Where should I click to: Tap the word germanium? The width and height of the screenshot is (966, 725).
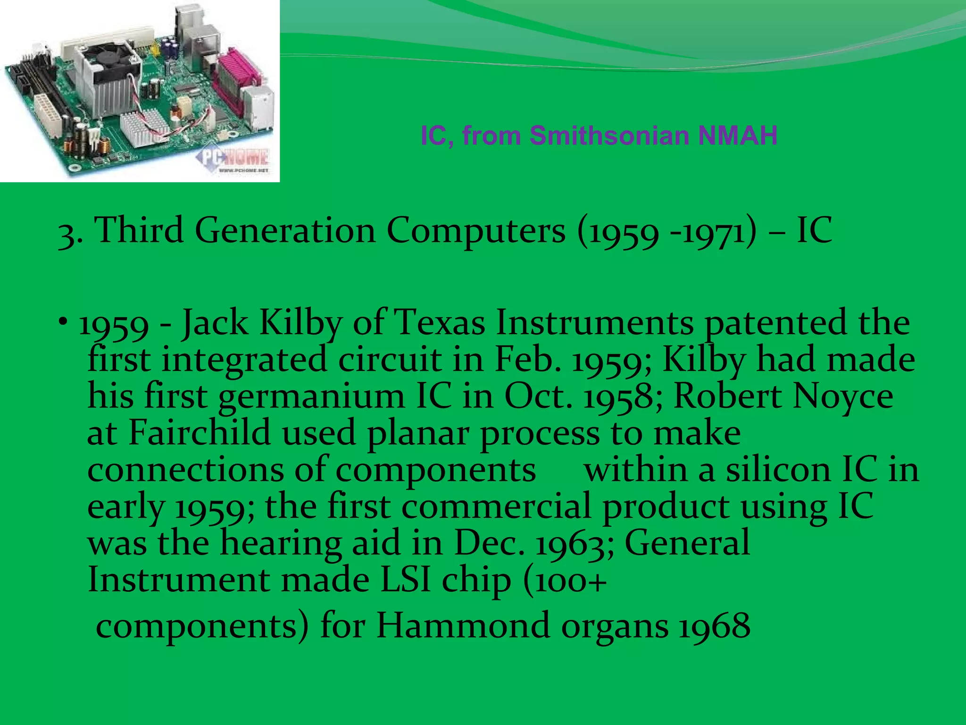click(311, 396)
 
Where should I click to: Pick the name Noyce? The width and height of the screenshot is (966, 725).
click(843, 396)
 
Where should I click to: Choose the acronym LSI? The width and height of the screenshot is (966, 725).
click(405, 580)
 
